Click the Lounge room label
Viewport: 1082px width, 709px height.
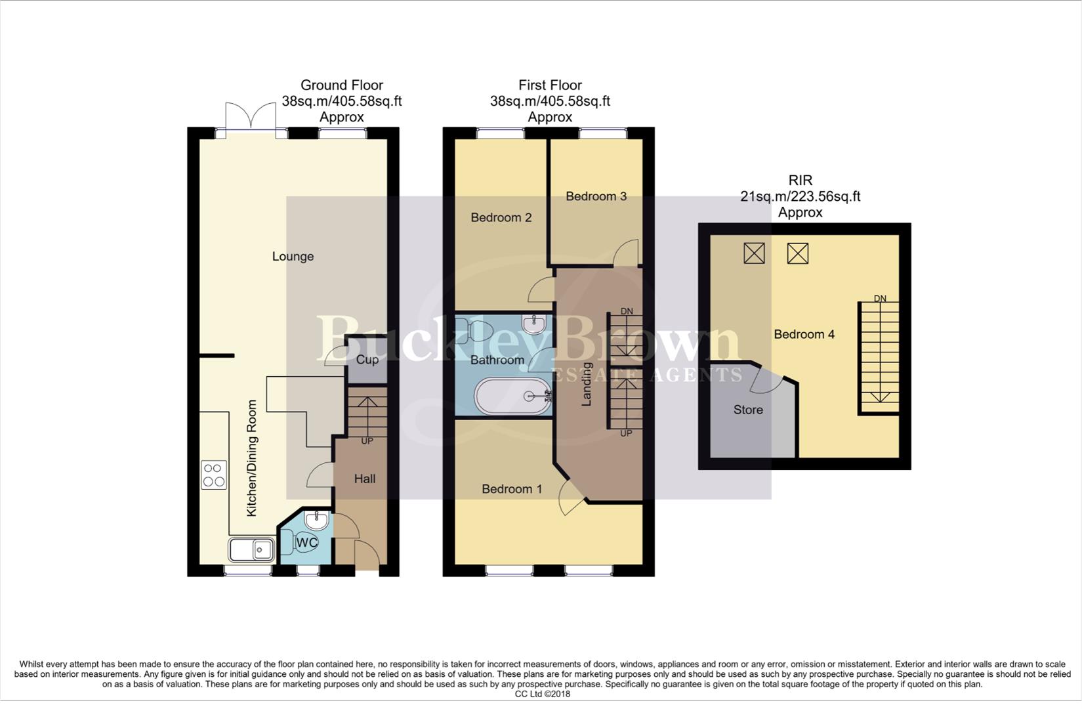pyautogui.click(x=293, y=257)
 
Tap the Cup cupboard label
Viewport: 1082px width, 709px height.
pyautogui.click(x=367, y=360)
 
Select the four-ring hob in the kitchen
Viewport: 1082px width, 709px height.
pyautogui.click(x=214, y=475)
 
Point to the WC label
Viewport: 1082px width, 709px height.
pyautogui.click(x=306, y=543)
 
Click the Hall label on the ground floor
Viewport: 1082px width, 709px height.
pyautogui.click(x=365, y=479)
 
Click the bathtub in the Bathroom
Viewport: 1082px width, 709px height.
pyautogui.click(x=513, y=396)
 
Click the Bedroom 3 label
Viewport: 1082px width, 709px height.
pyautogui.click(x=596, y=196)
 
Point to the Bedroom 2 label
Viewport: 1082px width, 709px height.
pyautogui.click(x=501, y=218)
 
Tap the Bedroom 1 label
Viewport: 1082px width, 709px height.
pyautogui.click(x=512, y=489)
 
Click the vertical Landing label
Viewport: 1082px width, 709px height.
pyautogui.click(x=587, y=384)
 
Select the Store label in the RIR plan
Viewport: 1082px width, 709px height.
pyautogui.click(x=748, y=410)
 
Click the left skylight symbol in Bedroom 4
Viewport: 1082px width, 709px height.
pyautogui.click(x=754, y=253)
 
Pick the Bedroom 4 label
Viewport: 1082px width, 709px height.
pyautogui.click(x=804, y=335)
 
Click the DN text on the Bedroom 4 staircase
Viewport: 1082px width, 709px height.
pyautogui.click(x=880, y=299)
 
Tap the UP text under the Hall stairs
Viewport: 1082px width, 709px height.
pyautogui.click(x=367, y=441)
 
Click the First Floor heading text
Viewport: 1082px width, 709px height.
pyautogui.click(x=550, y=85)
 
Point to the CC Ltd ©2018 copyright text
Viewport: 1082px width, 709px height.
pyautogui.click(x=542, y=694)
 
